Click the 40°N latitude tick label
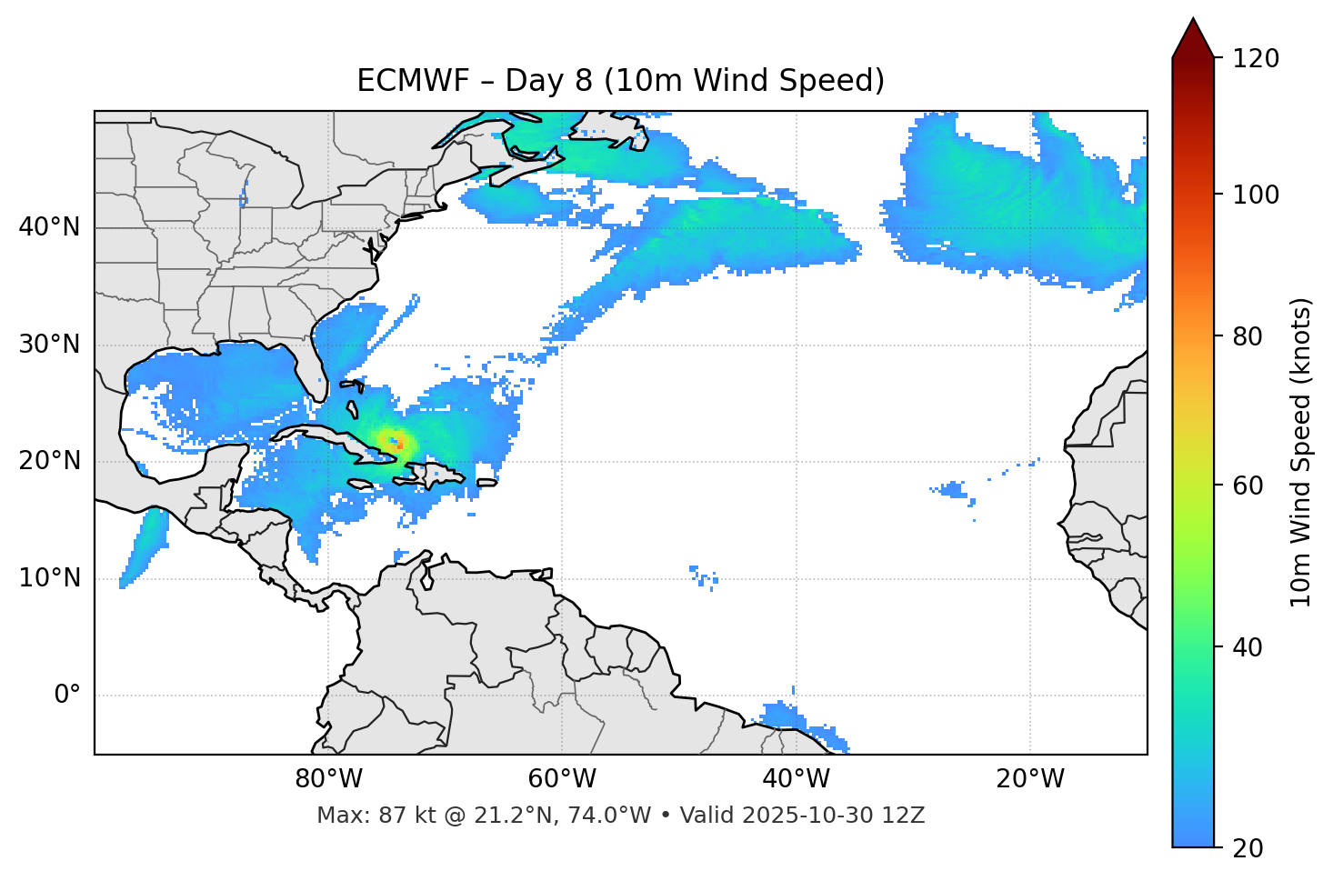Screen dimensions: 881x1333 tap(49, 227)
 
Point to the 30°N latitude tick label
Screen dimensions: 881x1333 tap(49, 345)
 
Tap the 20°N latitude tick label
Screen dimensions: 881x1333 tap(49, 461)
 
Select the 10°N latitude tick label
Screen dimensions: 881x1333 tap(49, 578)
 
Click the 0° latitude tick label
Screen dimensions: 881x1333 tap(67, 696)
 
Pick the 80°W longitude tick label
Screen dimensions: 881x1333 tap(328, 779)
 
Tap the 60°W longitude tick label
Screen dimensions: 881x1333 tap(562, 779)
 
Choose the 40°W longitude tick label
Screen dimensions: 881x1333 tap(797, 779)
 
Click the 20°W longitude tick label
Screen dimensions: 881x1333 tap(1030, 779)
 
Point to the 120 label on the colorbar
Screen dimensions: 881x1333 tap(1256, 58)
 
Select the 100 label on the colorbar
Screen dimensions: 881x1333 tap(1256, 195)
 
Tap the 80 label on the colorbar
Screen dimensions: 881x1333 tap(1249, 336)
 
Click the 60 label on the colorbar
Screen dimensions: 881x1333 tap(1249, 486)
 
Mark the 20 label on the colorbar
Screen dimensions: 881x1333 tap(1249, 848)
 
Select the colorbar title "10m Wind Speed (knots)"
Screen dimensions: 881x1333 tap(1301, 452)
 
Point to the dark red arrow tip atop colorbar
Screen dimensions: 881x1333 tap(1193, 36)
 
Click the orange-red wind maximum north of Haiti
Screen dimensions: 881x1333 tap(399, 446)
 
